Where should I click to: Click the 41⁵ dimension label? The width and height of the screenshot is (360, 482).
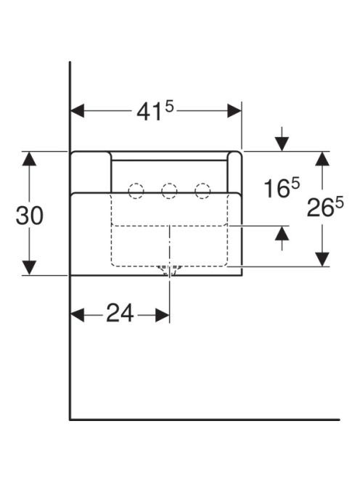click(155, 111)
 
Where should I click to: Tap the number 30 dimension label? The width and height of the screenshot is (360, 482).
click(30, 216)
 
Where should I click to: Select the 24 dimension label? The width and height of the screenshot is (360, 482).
click(120, 314)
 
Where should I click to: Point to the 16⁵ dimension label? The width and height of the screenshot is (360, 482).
click(282, 188)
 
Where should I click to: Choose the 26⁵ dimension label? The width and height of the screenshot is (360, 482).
click(325, 206)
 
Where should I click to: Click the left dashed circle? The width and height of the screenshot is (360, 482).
click(136, 191)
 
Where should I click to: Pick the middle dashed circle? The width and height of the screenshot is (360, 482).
click(169, 191)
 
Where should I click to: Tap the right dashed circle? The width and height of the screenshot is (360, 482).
click(202, 191)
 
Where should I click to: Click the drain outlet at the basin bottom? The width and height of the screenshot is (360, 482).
click(169, 270)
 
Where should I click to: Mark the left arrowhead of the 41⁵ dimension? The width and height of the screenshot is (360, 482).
click(78, 110)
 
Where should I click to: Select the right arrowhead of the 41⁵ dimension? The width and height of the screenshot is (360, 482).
click(234, 110)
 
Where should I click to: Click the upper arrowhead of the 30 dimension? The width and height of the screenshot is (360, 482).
click(30, 159)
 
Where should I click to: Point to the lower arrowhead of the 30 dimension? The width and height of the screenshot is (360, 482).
click(30, 268)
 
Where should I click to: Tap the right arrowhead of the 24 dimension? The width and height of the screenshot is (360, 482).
click(163, 315)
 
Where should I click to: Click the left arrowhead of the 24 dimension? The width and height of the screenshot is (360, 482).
click(78, 315)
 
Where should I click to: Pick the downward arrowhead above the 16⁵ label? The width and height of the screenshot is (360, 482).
click(282, 144)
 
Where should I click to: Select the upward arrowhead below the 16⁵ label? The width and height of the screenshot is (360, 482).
click(282, 233)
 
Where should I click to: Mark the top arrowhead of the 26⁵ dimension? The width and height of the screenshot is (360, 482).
click(322, 159)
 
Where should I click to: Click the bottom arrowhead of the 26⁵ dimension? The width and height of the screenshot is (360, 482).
click(322, 259)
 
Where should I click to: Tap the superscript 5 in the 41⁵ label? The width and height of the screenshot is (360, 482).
click(169, 107)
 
